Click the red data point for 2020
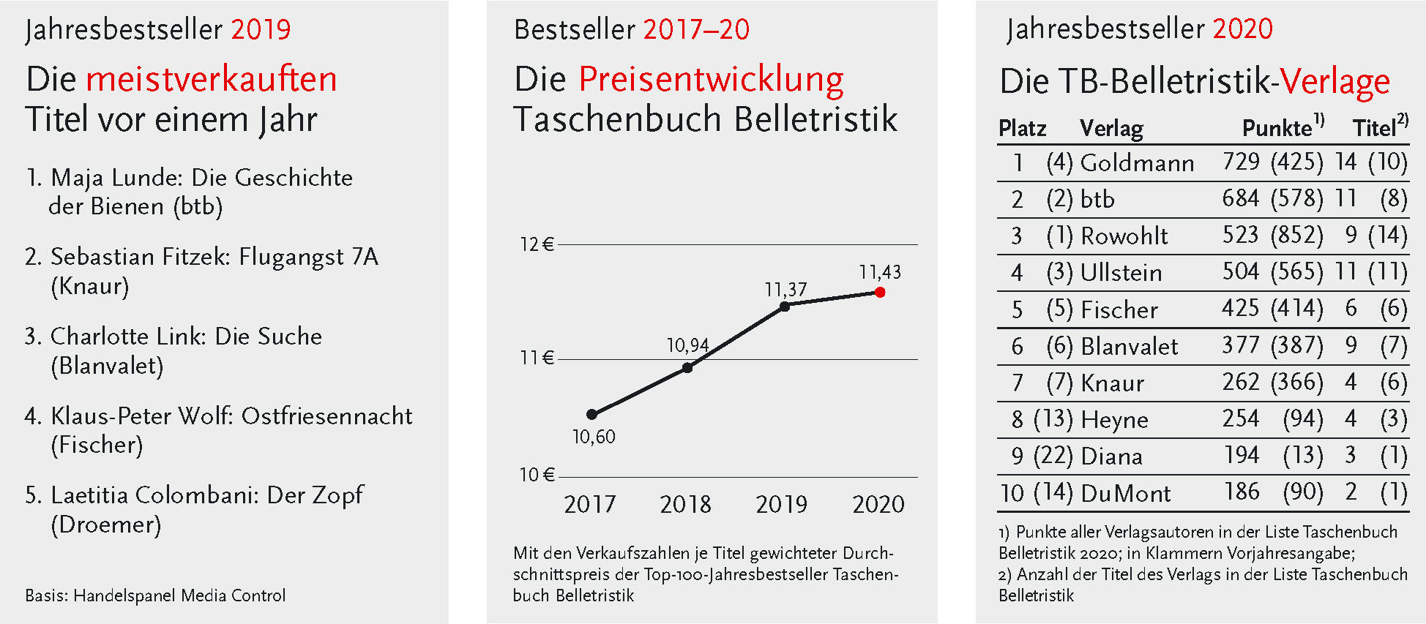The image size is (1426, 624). (880, 292)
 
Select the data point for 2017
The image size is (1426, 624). (591, 414)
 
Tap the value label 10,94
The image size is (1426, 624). (687, 345)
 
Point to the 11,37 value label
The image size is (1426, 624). (785, 290)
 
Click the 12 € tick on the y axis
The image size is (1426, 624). (537, 244)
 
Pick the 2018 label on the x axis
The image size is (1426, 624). (685, 504)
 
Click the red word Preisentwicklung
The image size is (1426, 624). (711, 80)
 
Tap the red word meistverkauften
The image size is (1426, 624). (212, 79)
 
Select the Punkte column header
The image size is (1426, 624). (1277, 128)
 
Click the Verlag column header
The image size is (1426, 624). (1111, 129)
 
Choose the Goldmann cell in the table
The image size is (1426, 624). (1137, 162)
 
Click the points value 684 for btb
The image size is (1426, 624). (1240, 198)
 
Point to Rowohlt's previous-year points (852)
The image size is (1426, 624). (1297, 235)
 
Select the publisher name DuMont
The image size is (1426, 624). (1126, 494)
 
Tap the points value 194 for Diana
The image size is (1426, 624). (1242, 455)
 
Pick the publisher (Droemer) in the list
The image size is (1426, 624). (106, 525)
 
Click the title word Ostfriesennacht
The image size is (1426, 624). (326, 416)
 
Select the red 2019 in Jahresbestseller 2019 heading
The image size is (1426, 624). (261, 29)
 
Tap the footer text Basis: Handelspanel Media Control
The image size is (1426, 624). (155, 595)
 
